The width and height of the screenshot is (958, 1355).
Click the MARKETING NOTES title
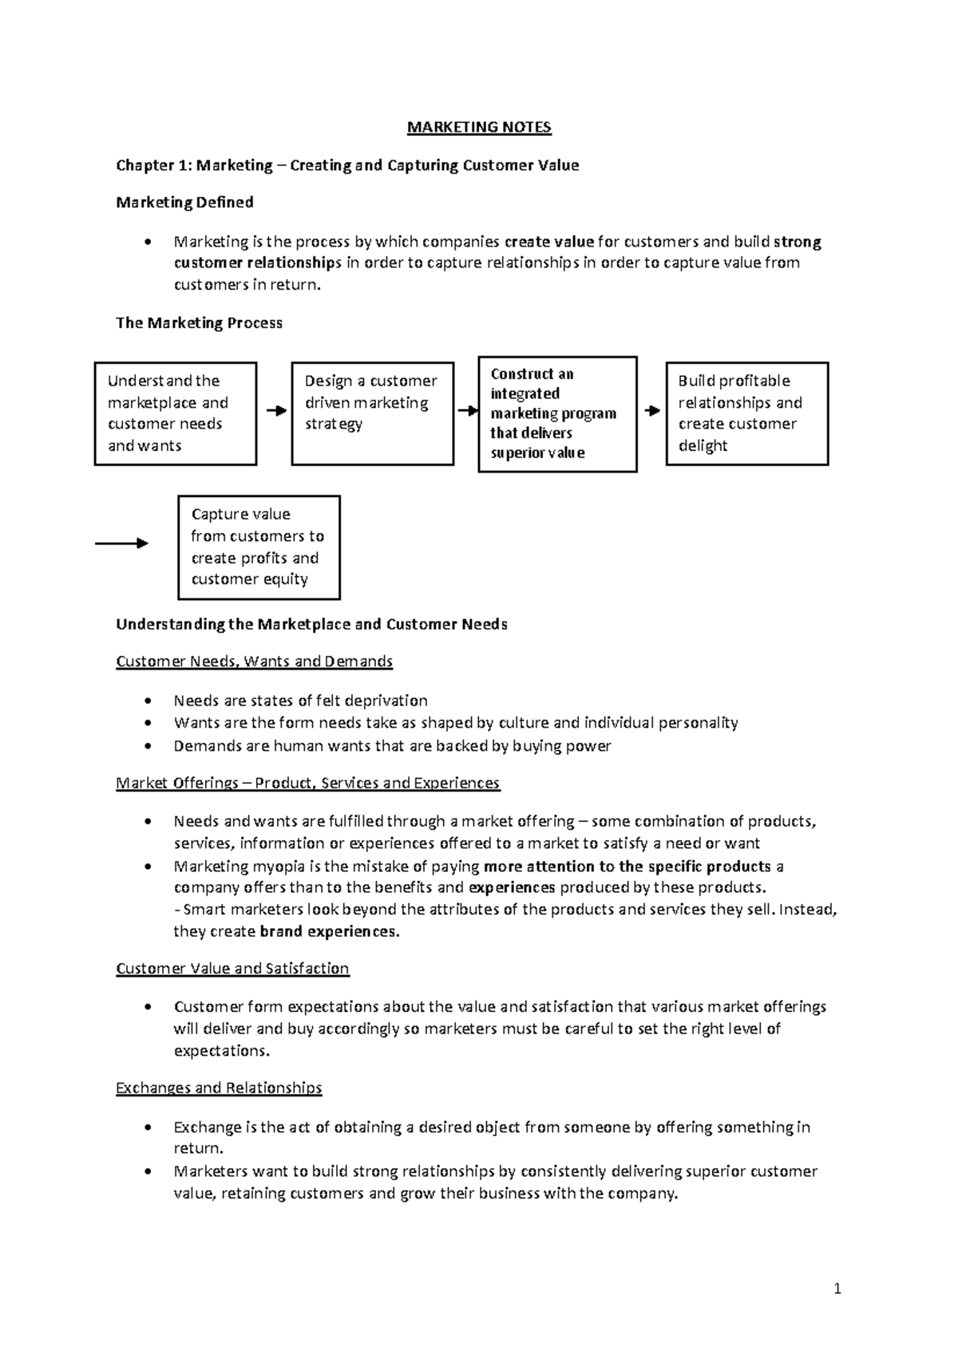pyautogui.click(x=479, y=128)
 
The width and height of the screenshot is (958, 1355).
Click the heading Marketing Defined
pyautogui.click(x=184, y=203)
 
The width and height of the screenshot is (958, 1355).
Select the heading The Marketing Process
pyautogui.click(x=199, y=323)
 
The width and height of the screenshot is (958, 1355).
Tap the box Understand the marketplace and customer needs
pyautogui.click(x=176, y=413)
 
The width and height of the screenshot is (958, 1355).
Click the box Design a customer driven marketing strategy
pyautogui.click(x=372, y=413)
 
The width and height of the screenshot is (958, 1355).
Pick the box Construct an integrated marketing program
pyautogui.click(x=557, y=414)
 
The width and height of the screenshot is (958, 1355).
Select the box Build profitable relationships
pyautogui.click(x=746, y=413)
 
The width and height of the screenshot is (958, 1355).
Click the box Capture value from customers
pyautogui.click(x=259, y=547)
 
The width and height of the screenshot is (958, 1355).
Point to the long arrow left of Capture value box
pyautogui.click(x=121, y=543)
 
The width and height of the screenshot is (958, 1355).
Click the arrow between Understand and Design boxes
pyautogui.click(x=275, y=411)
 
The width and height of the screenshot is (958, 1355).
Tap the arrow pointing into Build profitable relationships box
pyautogui.click(x=652, y=411)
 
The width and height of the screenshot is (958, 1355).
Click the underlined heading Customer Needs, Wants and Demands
pyautogui.click(x=254, y=662)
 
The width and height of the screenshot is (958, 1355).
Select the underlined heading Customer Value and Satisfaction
pyautogui.click(x=232, y=969)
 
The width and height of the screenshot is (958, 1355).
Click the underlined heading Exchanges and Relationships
pyautogui.click(x=219, y=1088)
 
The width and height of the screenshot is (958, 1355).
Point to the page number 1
pyautogui.click(x=837, y=1289)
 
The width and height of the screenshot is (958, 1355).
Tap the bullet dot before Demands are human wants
pyautogui.click(x=147, y=747)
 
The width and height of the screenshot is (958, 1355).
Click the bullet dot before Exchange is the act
pyautogui.click(x=147, y=1128)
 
